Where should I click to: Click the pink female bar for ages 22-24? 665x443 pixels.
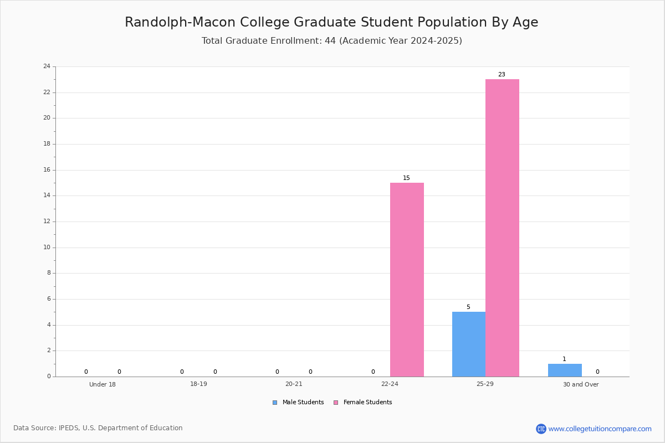(407, 280)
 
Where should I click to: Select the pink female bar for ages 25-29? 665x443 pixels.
(502, 228)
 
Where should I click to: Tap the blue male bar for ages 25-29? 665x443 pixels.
(469, 344)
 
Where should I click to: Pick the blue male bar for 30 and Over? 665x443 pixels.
(565, 370)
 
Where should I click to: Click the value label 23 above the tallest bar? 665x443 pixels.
(502, 74)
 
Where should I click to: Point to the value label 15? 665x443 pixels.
(406, 178)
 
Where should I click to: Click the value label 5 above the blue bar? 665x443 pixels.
(468, 307)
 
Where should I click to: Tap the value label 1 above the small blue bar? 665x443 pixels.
(564, 359)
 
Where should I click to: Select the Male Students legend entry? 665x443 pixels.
(298, 403)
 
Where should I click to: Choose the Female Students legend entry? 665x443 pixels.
(363, 403)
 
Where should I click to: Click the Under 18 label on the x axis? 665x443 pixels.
(103, 384)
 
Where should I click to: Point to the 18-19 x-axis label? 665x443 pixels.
(198, 384)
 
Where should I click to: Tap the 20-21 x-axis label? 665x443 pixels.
(294, 384)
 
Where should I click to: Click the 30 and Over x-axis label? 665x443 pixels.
(581, 384)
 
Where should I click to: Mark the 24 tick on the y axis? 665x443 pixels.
(47, 66)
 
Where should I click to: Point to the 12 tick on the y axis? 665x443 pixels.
(47, 221)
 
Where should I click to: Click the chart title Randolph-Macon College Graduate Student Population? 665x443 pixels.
(331, 22)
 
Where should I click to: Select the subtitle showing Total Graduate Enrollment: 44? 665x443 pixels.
(332, 40)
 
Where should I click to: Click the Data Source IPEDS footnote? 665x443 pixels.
(98, 428)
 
